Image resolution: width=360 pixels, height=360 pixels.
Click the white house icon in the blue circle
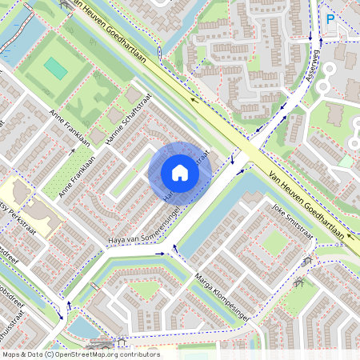180,173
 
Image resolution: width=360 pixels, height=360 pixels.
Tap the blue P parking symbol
330,19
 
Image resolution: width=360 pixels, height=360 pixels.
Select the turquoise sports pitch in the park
55,68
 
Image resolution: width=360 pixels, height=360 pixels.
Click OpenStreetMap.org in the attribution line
97,354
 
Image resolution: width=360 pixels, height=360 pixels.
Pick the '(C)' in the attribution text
49,354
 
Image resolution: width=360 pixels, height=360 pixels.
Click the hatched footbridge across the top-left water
64,5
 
